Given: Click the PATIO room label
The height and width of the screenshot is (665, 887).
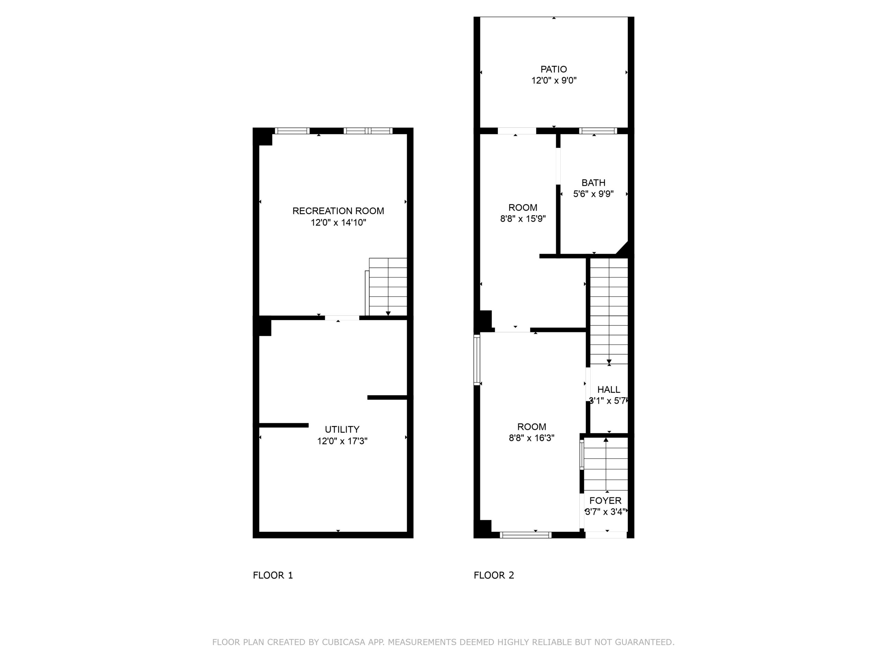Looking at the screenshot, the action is [553, 69].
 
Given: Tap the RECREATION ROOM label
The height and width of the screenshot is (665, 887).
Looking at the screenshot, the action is [338, 211].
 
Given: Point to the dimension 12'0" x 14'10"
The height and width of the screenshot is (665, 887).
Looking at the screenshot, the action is [339, 222].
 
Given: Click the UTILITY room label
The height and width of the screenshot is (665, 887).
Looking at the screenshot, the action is [342, 429].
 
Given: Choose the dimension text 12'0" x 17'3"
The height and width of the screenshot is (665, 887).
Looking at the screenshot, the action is [342, 441].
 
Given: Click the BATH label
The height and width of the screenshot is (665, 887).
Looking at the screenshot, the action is [594, 183].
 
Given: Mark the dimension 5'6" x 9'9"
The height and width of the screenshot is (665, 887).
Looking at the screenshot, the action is [594, 194].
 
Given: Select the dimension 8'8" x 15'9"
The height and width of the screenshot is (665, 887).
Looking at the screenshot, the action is [523, 219].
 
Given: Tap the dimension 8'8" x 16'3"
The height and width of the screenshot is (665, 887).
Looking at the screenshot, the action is [532, 438].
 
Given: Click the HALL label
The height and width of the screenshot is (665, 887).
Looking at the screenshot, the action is [609, 390].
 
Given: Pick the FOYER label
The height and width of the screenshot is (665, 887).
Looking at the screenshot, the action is [606, 500].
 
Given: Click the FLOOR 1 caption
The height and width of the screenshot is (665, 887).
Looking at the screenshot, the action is [273, 576].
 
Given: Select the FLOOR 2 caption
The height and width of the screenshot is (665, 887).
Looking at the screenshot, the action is [494, 576].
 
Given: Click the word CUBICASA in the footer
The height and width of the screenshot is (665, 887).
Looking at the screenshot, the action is [344, 642].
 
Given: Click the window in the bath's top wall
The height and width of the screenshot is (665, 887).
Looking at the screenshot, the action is [598, 131].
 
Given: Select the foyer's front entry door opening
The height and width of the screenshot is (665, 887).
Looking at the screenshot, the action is [606, 535].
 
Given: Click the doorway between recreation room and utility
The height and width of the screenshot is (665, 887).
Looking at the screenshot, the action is [342, 318].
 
